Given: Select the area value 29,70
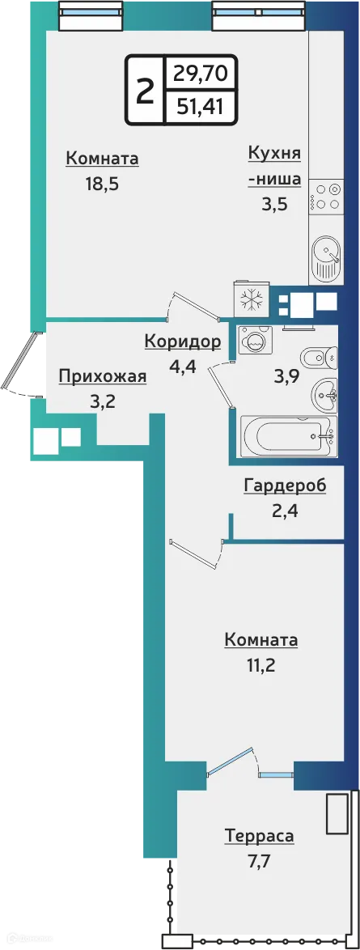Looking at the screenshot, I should click(x=199, y=74).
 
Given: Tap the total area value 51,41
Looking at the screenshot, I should click(x=199, y=105).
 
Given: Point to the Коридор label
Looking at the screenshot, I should click(x=182, y=341).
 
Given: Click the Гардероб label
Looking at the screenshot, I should click(x=285, y=486).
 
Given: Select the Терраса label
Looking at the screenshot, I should click(x=259, y=836).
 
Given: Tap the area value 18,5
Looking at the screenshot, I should click(x=102, y=183).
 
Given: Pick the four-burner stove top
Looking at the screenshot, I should click(x=327, y=197).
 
